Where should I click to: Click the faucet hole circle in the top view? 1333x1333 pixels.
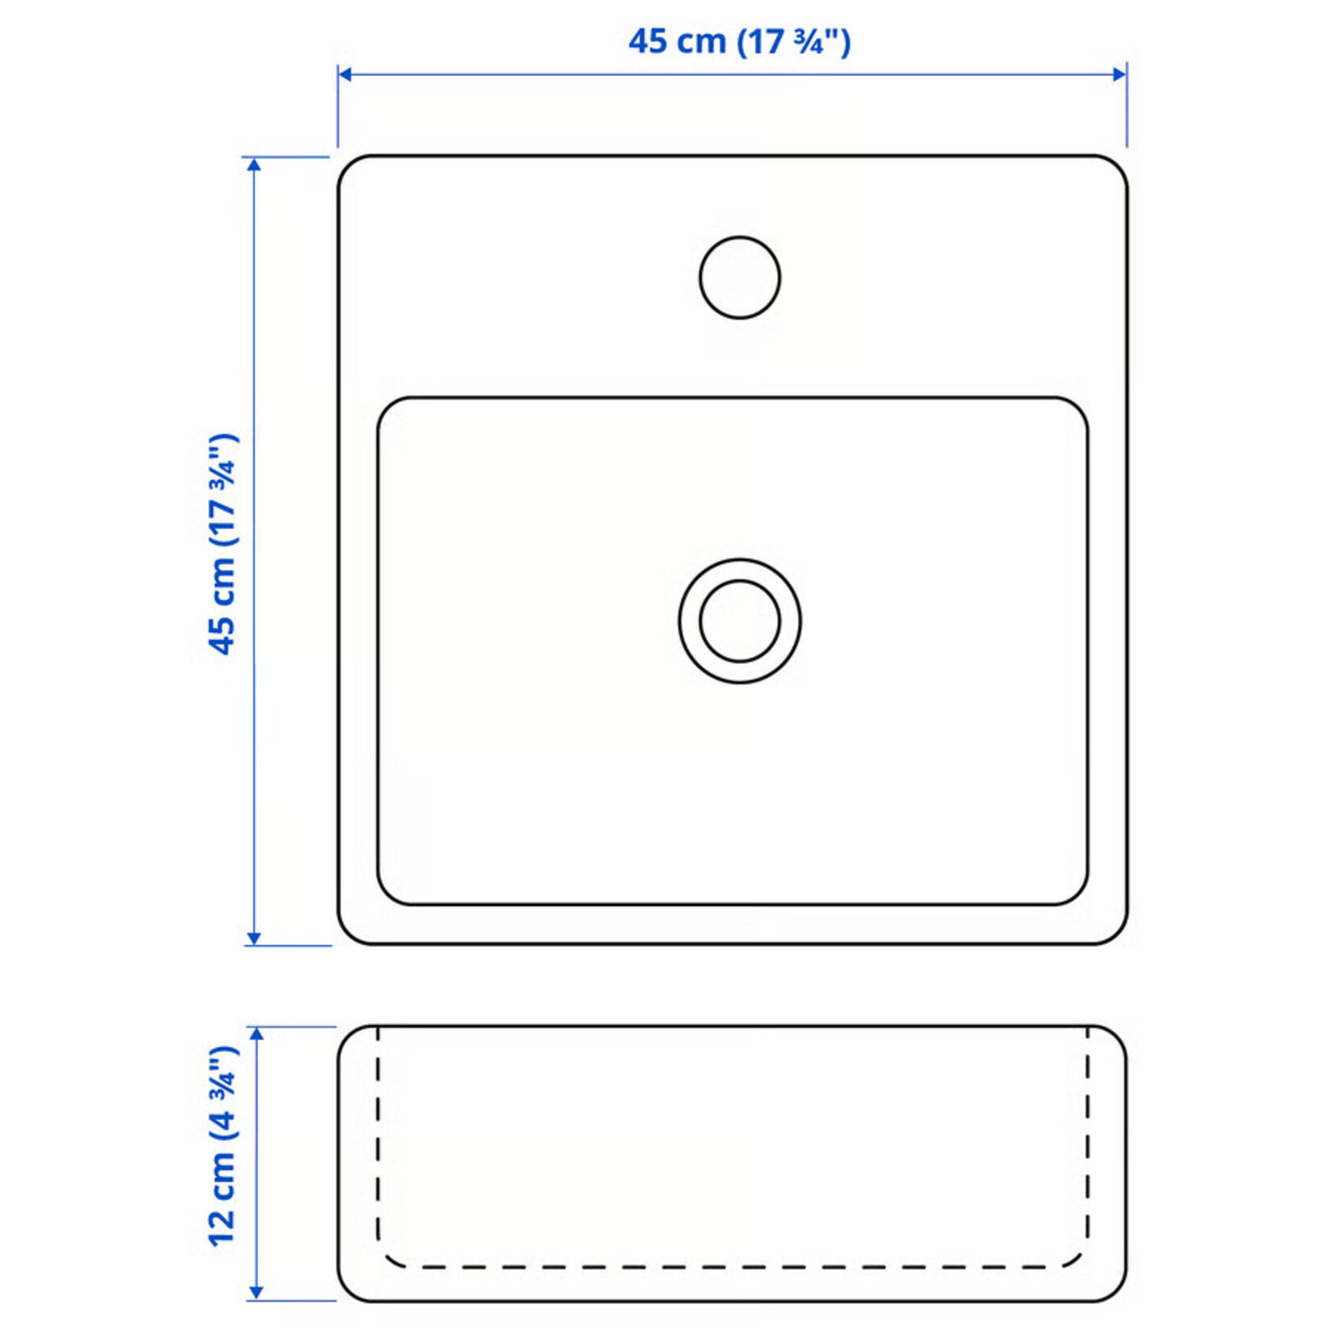[x=739, y=277]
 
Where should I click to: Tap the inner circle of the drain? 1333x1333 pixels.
[x=739, y=621]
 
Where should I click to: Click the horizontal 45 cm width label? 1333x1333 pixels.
[x=739, y=42]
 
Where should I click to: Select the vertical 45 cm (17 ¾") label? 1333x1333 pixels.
[x=224, y=545]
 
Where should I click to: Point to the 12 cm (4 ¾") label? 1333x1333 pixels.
[x=224, y=1147]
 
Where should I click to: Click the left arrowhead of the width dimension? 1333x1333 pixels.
[x=345, y=74]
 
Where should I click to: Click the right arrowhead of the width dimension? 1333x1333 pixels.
[x=1120, y=74]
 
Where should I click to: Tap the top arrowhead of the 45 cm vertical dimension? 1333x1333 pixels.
[x=254, y=165]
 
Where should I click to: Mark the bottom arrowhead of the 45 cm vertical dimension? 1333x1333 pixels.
[x=254, y=938]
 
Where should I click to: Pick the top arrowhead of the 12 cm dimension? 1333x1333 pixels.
[x=257, y=1035]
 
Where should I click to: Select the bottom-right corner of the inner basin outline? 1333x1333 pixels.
[x=1079, y=896]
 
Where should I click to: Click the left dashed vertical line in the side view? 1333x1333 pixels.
[x=378, y=1146]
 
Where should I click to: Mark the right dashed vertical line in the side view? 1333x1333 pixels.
[x=1088, y=1146]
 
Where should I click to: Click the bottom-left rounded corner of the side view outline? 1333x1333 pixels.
[x=347, y=1292]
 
